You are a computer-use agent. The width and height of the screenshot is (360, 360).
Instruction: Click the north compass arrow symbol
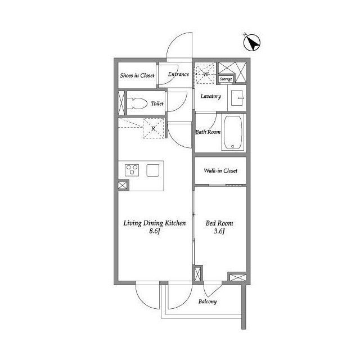coord(252,43)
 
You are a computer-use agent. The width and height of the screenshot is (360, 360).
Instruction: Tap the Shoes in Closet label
coord(137,75)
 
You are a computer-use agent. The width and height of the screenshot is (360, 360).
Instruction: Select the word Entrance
coord(178,74)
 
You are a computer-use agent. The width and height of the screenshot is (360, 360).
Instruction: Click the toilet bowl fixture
coord(137,103)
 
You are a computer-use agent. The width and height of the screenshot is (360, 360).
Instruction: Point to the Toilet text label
coord(157,103)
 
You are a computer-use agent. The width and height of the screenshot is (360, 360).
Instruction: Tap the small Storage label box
coord(226,79)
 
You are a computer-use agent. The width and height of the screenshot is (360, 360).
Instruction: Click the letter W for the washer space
coord(205,74)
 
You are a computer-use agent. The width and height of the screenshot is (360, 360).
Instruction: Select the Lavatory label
coord(211,96)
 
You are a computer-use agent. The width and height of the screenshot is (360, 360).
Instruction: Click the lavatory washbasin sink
coord(237,98)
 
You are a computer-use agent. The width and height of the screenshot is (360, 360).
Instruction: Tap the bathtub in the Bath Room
coord(233,133)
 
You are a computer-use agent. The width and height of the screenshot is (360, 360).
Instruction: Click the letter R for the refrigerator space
coord(154,129)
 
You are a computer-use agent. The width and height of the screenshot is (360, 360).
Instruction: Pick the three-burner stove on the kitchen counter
coord(132,170)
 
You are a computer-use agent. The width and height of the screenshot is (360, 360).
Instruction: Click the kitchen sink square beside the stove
coord(153,170)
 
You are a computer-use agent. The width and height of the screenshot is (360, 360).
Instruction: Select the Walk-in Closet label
coord(220,170)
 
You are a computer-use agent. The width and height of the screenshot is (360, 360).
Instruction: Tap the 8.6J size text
coord(155,231)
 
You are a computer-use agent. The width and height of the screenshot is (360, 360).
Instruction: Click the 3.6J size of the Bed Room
coord(219,231)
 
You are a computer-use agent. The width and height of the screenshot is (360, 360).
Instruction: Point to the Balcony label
coord(208,301)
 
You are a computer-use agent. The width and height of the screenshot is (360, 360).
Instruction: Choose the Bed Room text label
coord(219,223)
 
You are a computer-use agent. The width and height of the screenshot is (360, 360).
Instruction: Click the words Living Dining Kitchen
coord(155,223)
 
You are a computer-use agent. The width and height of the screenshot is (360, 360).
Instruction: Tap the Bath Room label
coord(208,132)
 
